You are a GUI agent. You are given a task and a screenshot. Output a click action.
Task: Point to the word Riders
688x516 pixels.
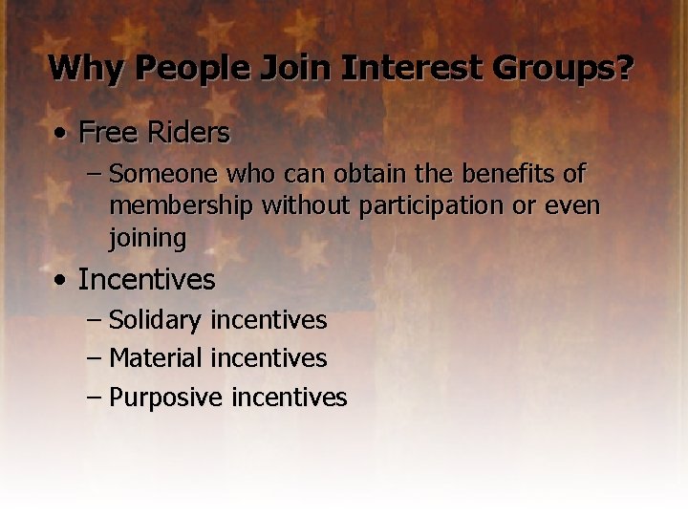pos(191,132)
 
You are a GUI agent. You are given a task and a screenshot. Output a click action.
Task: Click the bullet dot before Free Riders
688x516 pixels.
pos(60,133)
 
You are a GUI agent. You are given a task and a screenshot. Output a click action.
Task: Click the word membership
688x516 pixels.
pos(182,205)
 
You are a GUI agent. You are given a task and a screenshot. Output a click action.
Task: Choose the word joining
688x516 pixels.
pos(147,237)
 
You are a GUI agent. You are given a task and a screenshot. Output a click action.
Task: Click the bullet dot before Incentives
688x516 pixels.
pos(60,281)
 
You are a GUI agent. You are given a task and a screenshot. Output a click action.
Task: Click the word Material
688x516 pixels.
pos(156,358)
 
